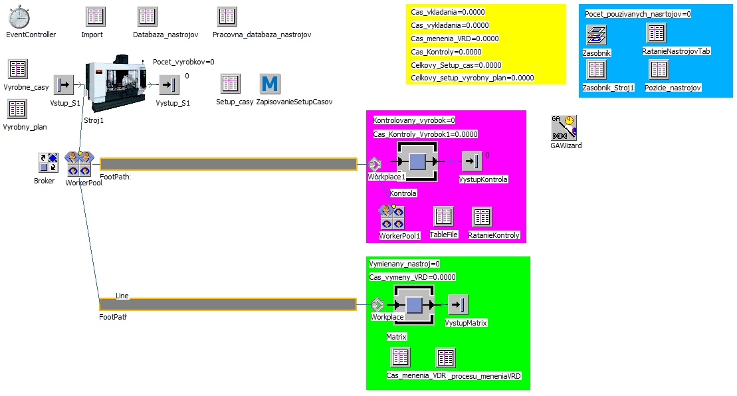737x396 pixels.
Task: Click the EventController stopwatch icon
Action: pyautogui.click(x=19, y=17)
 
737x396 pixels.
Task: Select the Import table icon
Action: pyautogui.click(x=96, y=17)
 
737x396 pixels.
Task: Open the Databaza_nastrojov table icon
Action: pyautogui.click(x=147, y=17)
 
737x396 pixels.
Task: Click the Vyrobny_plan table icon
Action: pyautogui.click(x=17, y=109)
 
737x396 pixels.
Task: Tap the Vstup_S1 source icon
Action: pyautogui.click(x=63, y=85)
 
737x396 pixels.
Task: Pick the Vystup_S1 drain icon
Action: pyautogui.click(x=169, y=85)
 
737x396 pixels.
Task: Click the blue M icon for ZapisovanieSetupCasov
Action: pyautogui.click(x=270, y=84)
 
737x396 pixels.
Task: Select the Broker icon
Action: pyautogui.click(x=49, y=163)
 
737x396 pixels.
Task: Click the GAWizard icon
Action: pyautogui.click(x=564, y=128)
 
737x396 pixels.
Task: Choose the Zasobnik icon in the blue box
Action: pyautogui.click(x=597, y=35)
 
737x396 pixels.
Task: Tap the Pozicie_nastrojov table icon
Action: pyautogui.click(x=659, y=70)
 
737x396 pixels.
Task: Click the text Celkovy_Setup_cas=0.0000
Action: pyautogui.click(x=456, y=65)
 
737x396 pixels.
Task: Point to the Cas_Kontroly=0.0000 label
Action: pyautogui.click(x=446, y=52)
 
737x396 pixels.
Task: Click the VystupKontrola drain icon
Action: pyautogui.click(x=472, y=161)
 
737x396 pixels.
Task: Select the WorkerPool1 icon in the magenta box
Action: pyautogui.click(x=392, y=217)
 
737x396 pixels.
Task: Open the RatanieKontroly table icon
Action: pyautogui.click(x=482, y=217)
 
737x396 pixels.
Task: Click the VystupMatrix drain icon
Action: pyautogui.click(x=458, y=304)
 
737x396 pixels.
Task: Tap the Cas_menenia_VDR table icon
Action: pyautogui.click(x=401, y=357)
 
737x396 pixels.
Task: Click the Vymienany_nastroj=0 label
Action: pyautogui.click(x=404, y=264)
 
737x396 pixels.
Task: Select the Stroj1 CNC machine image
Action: pyautogui.click(x=116, y=83)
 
